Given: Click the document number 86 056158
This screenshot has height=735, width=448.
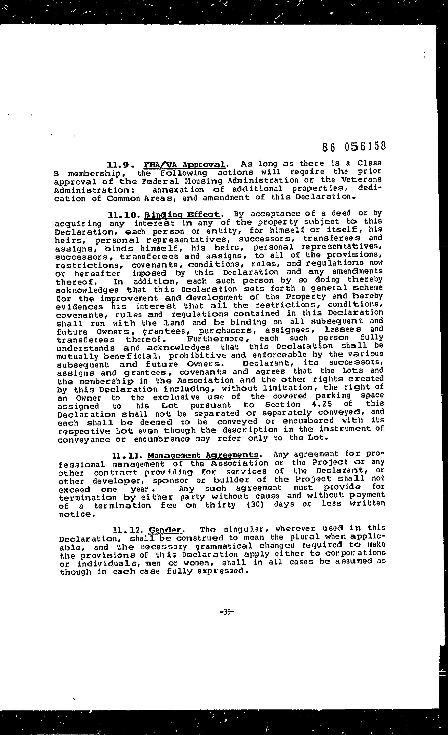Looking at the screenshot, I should click(x=354, y=146).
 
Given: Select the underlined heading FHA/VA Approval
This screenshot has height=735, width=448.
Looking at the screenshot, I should click(x=184, y=164).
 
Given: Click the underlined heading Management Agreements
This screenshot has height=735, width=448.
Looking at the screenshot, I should click(x=203, y=455).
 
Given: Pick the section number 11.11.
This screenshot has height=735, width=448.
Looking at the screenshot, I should click(x=126, y=455).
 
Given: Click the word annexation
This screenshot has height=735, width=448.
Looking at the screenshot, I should click(x=178, y=189).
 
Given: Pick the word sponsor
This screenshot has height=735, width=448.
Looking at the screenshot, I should click(x=170, y=481).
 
